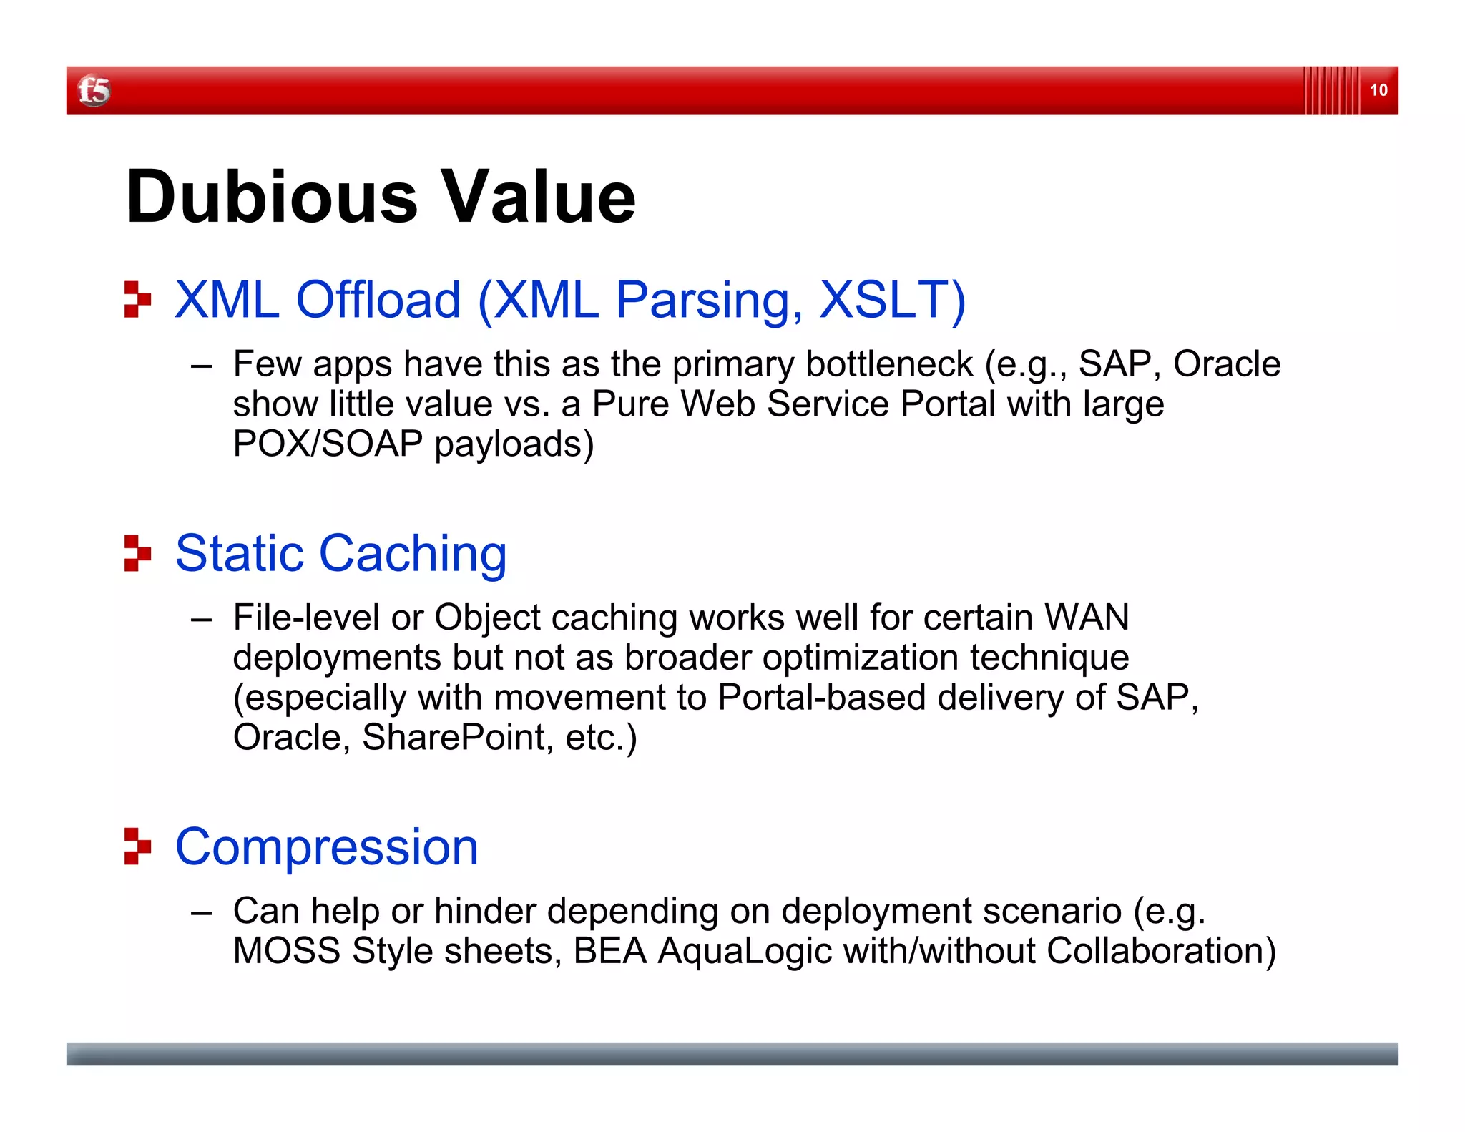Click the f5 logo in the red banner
tap(94, 91)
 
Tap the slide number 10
tap(1378, 90)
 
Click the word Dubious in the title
tap(271, 197)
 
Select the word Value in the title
tap(537, 197)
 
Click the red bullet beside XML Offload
tap(137, 299)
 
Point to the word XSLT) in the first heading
tap(892, 299)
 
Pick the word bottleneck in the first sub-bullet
tap(888, 364)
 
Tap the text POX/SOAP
tap(328, 444)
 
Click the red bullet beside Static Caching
tap(137, 553)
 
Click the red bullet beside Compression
tap(137, 846)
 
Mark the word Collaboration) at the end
tap(1160, 952)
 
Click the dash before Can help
tap(202, 913)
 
